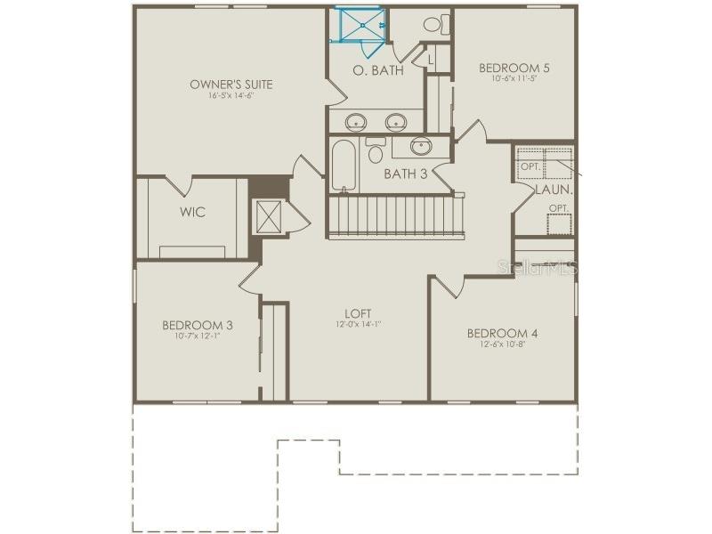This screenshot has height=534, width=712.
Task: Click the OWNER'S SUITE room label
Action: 231,85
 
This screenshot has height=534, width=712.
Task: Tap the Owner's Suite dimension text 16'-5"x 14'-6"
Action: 231,95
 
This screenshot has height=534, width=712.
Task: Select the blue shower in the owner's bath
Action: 359,26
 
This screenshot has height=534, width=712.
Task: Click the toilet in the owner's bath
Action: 435,24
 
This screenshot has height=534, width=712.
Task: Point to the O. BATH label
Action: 378,69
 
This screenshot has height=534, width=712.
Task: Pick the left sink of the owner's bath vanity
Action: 356,121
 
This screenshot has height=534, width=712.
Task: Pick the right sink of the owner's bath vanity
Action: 395,121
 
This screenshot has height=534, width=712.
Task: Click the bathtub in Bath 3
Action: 344,166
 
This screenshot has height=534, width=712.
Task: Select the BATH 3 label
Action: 405,174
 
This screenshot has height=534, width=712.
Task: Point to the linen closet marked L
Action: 430,60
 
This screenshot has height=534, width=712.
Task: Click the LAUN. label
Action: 554,190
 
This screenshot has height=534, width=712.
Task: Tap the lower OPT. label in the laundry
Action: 558,208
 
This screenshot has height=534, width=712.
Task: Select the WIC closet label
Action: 192,212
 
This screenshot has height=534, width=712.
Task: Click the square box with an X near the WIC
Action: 269,216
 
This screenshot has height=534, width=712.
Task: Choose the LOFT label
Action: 359,313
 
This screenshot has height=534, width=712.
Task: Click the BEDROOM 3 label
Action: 198,325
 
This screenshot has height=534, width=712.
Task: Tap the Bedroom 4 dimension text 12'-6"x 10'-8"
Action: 503,344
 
